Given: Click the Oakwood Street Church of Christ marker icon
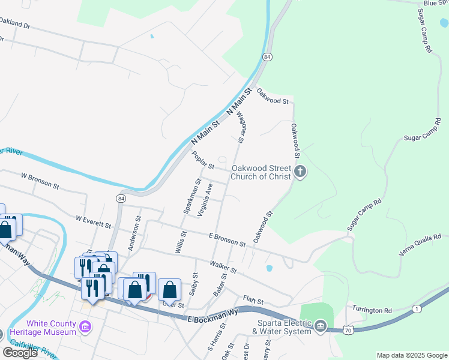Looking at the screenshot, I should click(300, 173).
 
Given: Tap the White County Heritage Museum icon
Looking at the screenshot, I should click(85, 327).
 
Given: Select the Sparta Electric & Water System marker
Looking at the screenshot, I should click(321, 326).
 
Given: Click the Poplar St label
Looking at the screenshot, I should click(203, 161).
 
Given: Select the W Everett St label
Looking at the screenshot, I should click(94, 222).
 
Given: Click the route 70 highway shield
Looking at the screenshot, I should click(348, 329).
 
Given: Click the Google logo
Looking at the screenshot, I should click(20, 353).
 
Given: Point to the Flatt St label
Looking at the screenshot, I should click(254, 299).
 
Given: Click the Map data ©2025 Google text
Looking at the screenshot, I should click(412, 355).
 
